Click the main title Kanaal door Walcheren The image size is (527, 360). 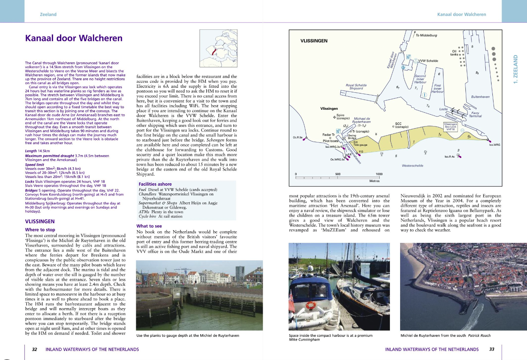tap(74, 38)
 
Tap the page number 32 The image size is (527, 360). tap(35, 349)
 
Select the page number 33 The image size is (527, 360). tap(492, 349)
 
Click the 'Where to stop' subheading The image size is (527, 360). tap(40, 230)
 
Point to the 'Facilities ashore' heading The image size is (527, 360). tap(155, 184)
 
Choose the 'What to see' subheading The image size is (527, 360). tap(149, 226)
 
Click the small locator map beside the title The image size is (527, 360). tap(217, 50)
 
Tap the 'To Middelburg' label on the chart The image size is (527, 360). tap(427, 36)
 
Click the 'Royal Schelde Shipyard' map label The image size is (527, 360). tap(356, 87)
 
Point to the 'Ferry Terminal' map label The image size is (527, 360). tap(476, 114)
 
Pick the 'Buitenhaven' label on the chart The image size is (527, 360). tap(480, 97)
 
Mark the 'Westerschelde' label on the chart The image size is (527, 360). tap(412, 166)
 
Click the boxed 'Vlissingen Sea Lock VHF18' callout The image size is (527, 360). tap(451, 127)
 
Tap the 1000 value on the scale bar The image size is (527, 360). tap(379, 174)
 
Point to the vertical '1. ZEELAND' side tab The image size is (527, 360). tap(515, 69)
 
